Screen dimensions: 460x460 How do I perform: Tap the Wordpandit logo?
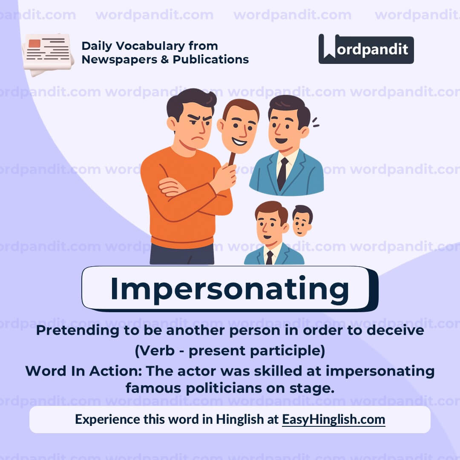point(366,49)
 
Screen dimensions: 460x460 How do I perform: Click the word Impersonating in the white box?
point(230,289)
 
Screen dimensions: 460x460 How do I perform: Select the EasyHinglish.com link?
point(333,419)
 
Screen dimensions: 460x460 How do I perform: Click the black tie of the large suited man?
point(282,173)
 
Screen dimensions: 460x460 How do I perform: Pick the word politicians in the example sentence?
point(222,388)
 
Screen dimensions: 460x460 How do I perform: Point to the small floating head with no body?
point(302,220)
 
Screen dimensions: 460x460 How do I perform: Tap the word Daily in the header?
point(96,46)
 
